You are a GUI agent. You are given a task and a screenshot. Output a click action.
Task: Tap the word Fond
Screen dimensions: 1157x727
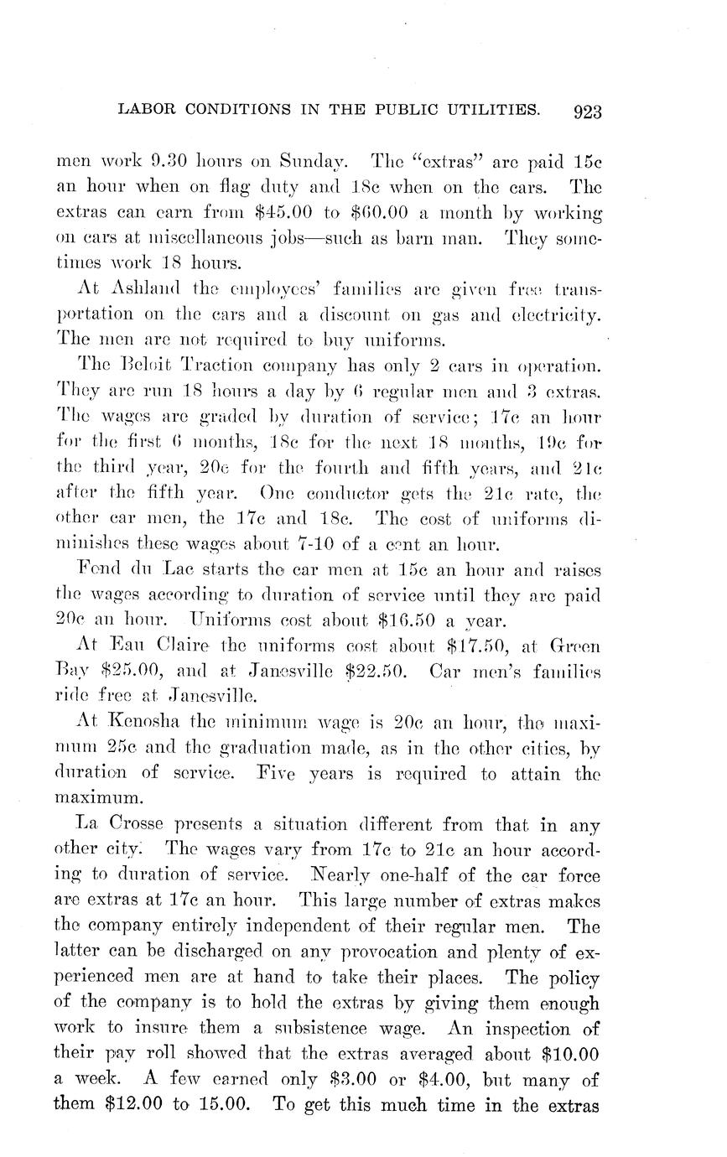[101, 570]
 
